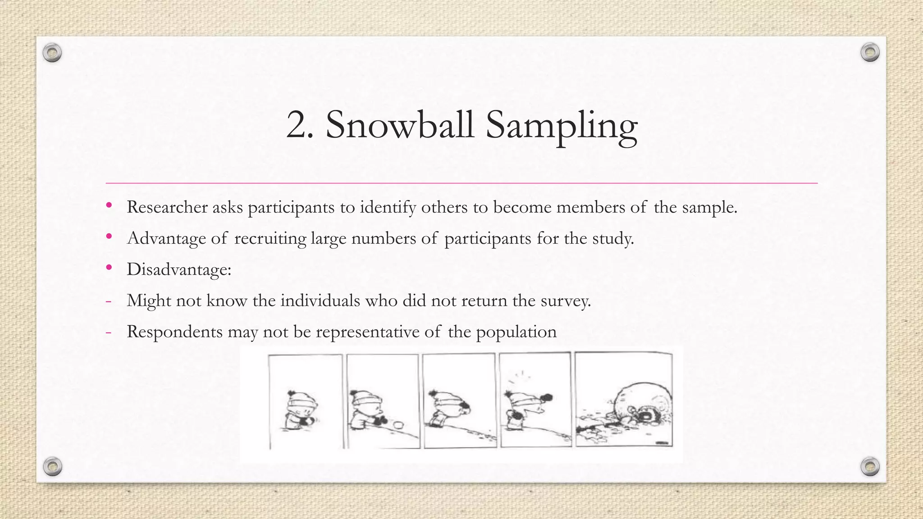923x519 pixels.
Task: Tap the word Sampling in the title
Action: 561,126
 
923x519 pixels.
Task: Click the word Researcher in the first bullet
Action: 167,207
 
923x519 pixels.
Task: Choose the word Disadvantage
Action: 178,269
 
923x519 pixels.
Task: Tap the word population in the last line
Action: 516,332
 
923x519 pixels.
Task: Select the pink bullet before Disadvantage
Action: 109,268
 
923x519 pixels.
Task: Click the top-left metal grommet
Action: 52,53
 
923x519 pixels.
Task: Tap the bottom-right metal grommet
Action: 870,466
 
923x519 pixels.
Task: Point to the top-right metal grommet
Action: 870,53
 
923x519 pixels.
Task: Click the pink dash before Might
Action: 108,300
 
